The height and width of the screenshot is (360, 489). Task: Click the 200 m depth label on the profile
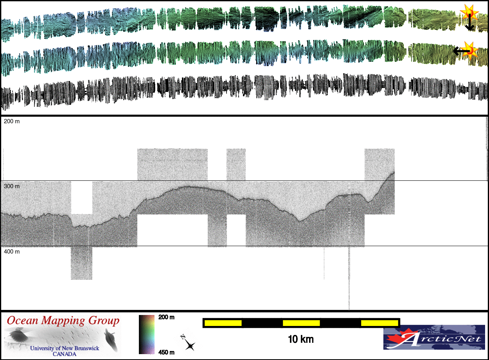pos(12,121)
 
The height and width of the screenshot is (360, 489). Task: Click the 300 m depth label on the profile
pos(12,186)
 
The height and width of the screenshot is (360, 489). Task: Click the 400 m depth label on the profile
pos(12,252)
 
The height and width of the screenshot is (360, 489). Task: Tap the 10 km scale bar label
pos(301,339)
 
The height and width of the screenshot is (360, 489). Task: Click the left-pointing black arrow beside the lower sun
pos(461,51)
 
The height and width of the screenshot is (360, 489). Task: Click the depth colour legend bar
pos(147,335)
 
